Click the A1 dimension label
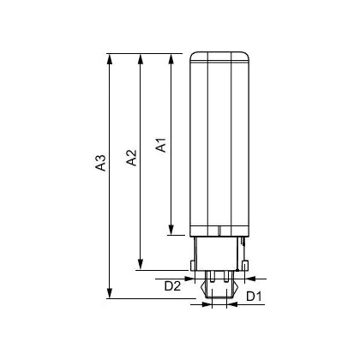[161, 145]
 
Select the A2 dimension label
[131, 158]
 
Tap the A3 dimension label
[100, 163]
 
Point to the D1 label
[254, 297]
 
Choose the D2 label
[172, 286]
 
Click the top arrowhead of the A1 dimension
[171, 58]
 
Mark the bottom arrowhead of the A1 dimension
[171, 230]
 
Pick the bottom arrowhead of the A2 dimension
[140, 265]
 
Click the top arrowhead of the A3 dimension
[109, 58]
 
